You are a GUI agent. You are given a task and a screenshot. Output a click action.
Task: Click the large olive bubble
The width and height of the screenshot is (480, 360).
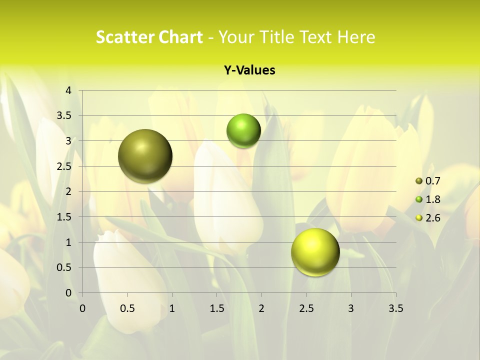[x=145, y=156]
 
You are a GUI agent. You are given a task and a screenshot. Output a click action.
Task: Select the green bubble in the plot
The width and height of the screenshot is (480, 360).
[x=243, y=130]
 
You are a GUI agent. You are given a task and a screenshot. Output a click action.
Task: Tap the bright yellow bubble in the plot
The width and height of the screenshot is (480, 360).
[x=315, y=252]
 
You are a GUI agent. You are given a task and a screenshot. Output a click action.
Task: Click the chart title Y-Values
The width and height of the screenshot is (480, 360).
[x=249, y=70]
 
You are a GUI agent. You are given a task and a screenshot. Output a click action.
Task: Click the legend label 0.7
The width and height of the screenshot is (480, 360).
[x=432, y=181]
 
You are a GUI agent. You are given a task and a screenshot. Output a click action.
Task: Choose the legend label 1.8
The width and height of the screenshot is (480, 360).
[x=432, y=199]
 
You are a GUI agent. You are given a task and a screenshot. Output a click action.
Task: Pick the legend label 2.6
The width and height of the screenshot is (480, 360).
[x=432, y=218]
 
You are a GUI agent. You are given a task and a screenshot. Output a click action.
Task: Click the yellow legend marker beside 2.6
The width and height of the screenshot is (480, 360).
[x=419, y=218]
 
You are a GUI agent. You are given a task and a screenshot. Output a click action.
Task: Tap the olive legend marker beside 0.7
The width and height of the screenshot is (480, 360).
[x=419, y=181]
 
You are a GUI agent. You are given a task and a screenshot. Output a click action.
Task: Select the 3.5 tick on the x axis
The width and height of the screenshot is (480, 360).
[x=395, y=308]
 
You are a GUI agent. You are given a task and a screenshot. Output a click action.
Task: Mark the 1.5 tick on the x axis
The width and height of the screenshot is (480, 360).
[x=217, y=308]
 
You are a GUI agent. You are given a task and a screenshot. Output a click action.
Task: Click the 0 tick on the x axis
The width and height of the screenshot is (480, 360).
[x=83, y=308]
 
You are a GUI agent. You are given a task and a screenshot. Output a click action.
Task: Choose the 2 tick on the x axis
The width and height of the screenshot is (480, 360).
[x=261, y=308]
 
